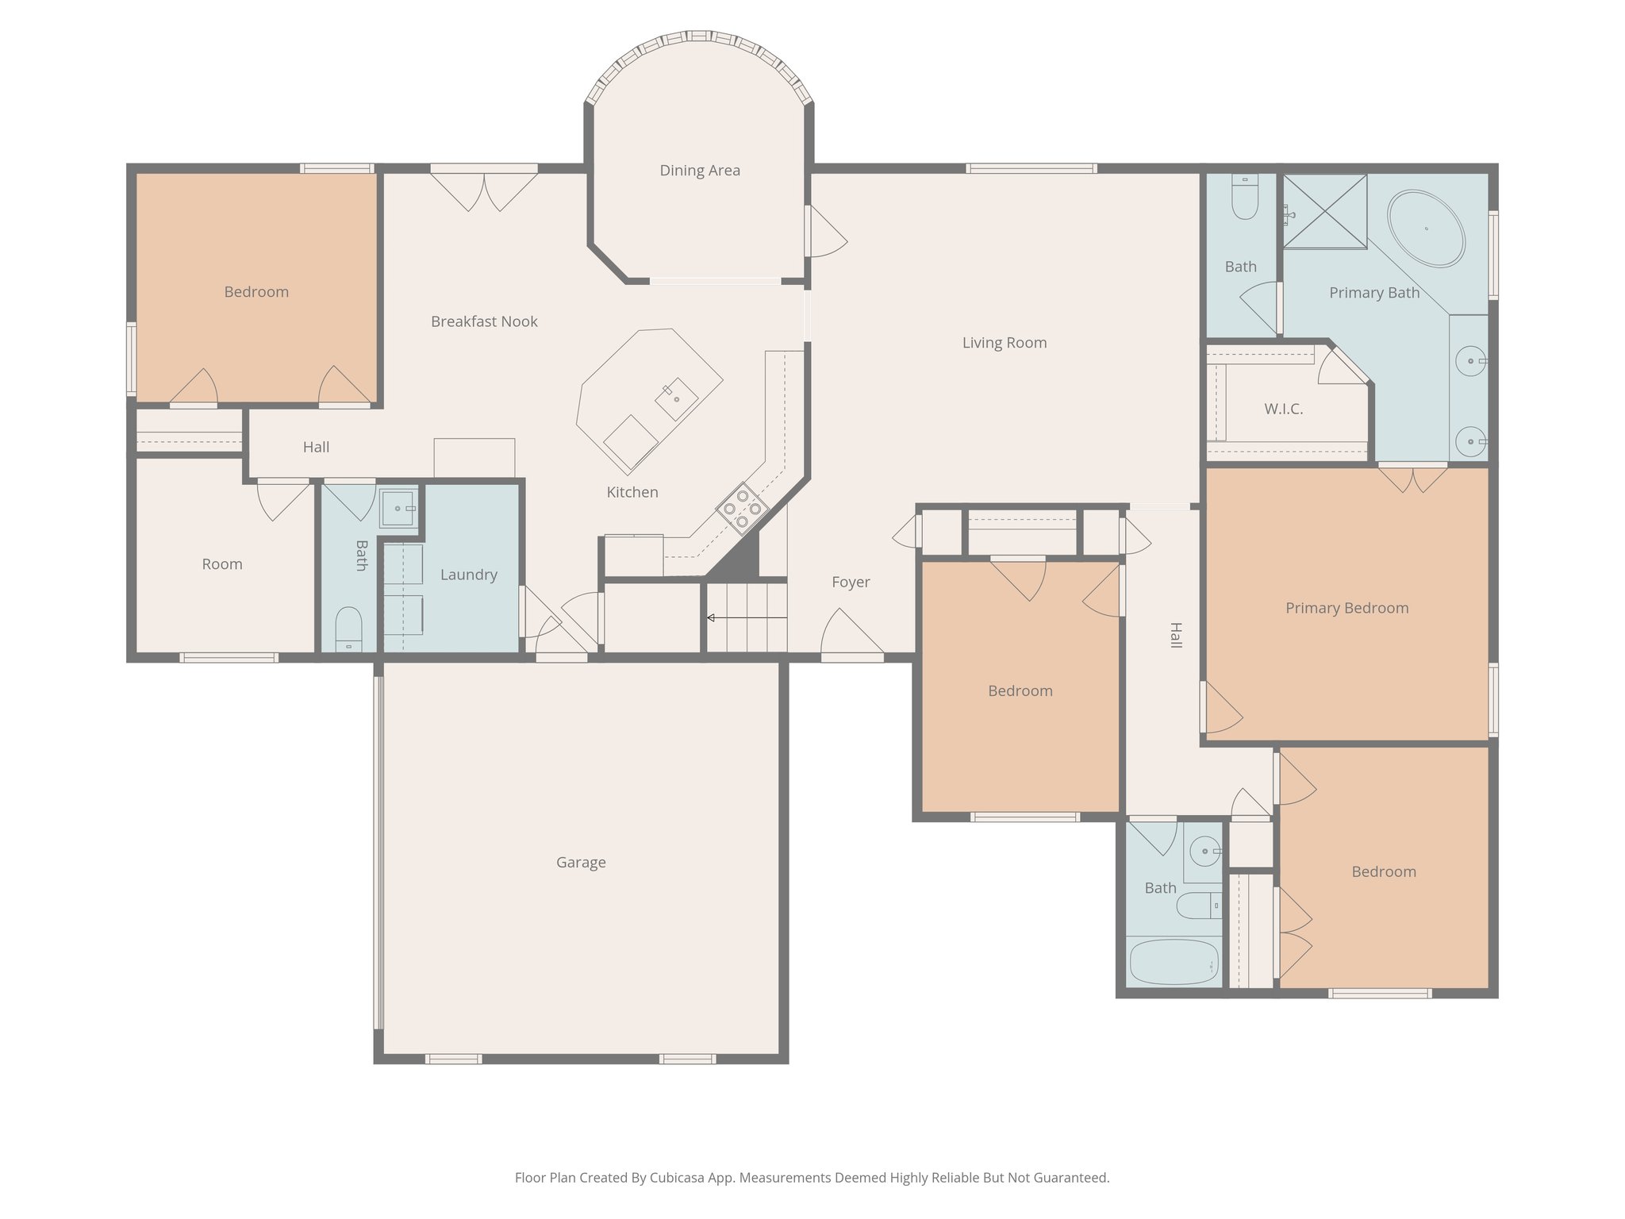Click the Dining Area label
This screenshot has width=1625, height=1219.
coord(700,171)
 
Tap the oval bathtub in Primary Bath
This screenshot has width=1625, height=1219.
coord(1426,229)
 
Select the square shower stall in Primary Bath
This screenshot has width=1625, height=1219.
coord(1325,212)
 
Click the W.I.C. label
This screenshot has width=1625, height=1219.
coord(1283,410)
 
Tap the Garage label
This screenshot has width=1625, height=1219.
coord(581,863)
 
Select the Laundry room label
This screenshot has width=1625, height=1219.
coord(469,575)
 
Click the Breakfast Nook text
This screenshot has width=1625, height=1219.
coord(484,321)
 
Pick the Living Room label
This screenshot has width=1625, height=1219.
coord(1005,343)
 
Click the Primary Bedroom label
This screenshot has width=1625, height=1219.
coord(1346,609)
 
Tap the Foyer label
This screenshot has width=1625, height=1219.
coord(851,583)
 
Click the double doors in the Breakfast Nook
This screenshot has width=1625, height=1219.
coord(484,190)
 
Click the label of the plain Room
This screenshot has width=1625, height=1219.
coord(222,564)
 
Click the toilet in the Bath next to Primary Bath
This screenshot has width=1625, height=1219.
coord(1244,198)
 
